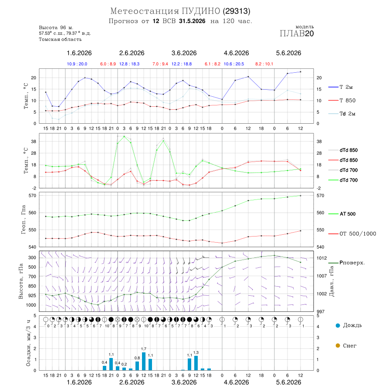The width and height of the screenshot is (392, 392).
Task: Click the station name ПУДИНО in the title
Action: click(x=201, y=11)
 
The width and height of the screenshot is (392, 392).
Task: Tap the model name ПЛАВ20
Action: click(x=297, y=34)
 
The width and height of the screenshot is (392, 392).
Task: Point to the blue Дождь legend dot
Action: click(x=338, y=325)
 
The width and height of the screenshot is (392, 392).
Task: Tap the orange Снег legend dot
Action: click(x=338, y=345)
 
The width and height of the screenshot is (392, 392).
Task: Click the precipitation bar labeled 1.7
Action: click(x=144, y=361)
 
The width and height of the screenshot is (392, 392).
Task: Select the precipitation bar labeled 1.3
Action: click(x=196, y=363)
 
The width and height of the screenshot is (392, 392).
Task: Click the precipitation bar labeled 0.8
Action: click(x=137, y=366)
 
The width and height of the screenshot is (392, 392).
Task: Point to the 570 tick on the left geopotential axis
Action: click(x=33, y=196)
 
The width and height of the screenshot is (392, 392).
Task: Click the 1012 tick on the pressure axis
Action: click(x=322, y=258)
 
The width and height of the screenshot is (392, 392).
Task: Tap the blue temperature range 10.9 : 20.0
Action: click(x=77, y=64)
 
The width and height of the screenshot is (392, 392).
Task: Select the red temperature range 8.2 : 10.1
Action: click(x=264, y=64)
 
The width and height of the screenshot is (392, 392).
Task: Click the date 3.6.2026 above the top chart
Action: click(x=184, y=53)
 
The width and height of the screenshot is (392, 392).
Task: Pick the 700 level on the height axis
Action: click(x=32, y=277)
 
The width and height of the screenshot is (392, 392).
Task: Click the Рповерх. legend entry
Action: click(x=352, y=263)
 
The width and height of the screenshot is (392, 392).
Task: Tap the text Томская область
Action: click(x=60, y=39)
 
